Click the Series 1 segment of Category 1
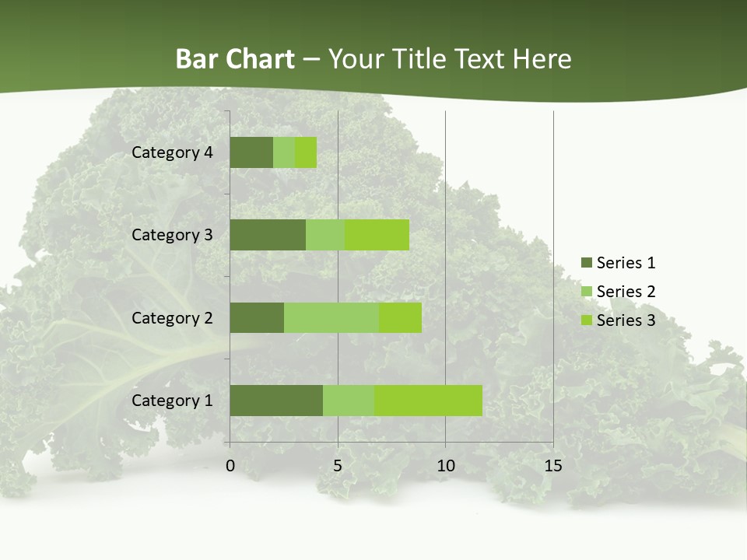276,400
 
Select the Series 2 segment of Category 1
349,400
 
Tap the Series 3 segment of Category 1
428,400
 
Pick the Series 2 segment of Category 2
331,317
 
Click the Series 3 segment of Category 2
400,317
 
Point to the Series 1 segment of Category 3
268,235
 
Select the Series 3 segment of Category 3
377,235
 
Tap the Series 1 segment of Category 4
251,152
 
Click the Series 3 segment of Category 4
306,152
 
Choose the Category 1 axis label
172,401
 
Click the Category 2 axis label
172,318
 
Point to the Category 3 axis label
172,235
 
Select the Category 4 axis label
172,152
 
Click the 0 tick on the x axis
230,466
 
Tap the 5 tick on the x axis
338,466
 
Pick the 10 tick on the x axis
445,466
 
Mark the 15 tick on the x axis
552,466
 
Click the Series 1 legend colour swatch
586,263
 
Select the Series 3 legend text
626,320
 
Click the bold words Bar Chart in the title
235,59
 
